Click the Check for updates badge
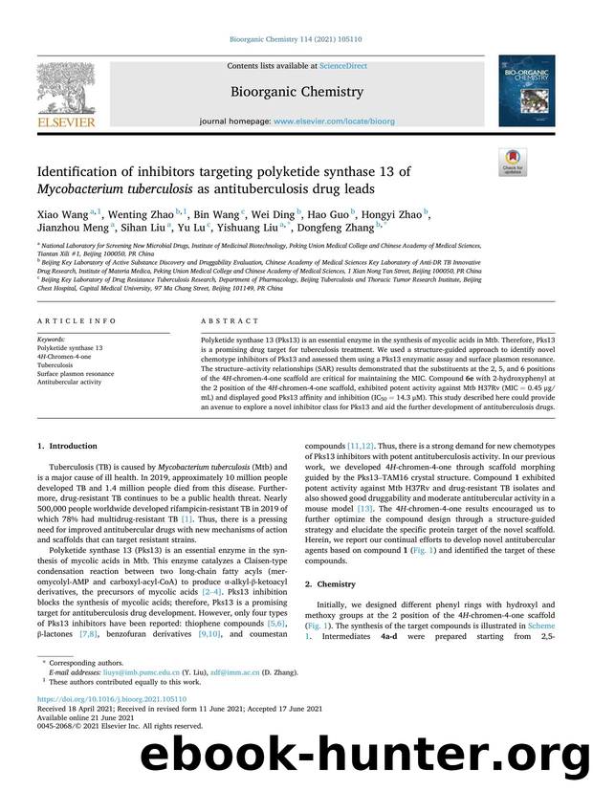coord(513,163)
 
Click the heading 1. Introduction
coord(66,446)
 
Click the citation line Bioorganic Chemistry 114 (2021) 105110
coord(296,39)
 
